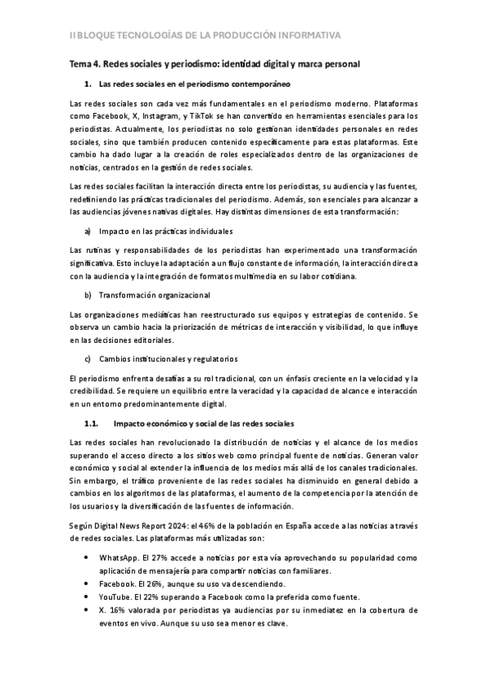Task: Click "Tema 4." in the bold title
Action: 85,63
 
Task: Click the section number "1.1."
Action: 92,424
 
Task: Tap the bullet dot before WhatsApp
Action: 87,559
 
